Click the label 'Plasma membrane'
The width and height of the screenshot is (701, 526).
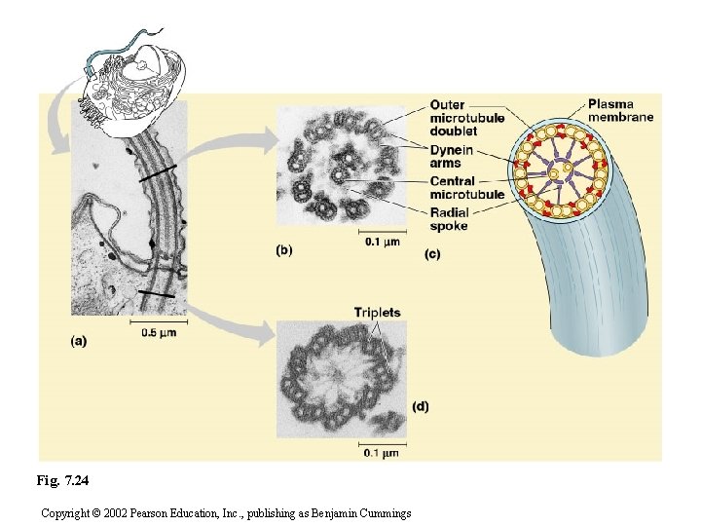(x=620, y=110)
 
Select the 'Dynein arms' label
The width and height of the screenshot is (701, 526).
(x=452, y=156)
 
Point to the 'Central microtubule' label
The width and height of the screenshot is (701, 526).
(x=466, y=187)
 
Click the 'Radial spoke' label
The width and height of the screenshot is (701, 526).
(x=449, y=219)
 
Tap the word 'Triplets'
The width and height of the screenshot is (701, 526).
(x=377, y=313)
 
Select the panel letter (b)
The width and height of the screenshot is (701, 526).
(x=282, y=249)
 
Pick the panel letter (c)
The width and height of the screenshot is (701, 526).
(x=432, y=255)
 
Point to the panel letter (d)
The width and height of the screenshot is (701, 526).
(x=420, y=405)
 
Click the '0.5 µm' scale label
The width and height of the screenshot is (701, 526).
(x=159, y=331)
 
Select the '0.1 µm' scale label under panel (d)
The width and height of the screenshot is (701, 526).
(x=381, y=452)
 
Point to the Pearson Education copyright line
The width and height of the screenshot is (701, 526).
(x=226, y=512)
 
